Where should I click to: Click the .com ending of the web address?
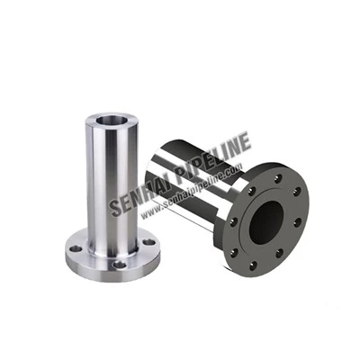coord(233,169)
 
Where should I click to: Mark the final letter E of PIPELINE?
coord(244,142)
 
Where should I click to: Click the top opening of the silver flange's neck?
coord(111,121)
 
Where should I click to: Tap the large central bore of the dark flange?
coord(266,222)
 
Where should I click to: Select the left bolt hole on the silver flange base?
coord(76,248)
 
